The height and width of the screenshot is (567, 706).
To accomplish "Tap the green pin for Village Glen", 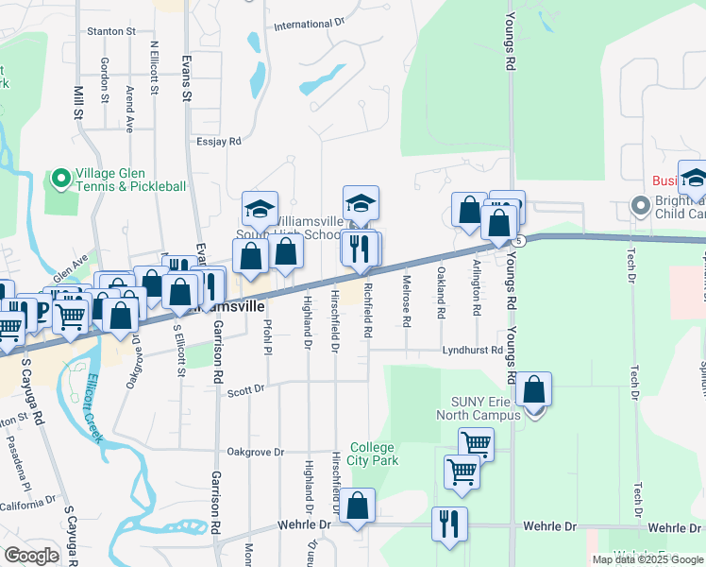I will click(60, 178).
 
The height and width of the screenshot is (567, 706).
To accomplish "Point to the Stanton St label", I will click(111, 31).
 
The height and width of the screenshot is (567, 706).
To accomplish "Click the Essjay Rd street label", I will click(220, 141).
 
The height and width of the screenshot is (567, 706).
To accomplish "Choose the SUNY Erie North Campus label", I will click(475, 405).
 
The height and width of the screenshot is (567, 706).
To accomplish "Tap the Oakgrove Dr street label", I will click(252, 452).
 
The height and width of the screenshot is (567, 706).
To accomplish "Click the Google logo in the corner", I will click(31, 556).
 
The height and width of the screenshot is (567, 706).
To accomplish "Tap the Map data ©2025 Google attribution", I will click(648, 559).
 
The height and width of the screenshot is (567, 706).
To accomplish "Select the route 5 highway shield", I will click(520, 240).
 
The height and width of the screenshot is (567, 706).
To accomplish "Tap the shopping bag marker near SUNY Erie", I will click(533, 389).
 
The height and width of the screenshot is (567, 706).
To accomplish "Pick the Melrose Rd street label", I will click(407, 301).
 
